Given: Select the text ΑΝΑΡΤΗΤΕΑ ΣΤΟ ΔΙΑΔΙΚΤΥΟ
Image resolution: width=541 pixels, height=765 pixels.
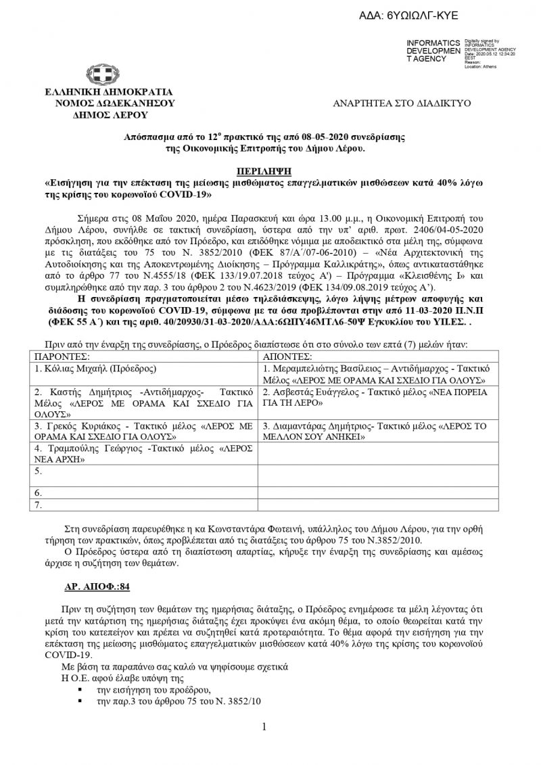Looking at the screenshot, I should tap(402, 103).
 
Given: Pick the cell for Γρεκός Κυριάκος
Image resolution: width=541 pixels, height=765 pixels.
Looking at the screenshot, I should tap(142, 432).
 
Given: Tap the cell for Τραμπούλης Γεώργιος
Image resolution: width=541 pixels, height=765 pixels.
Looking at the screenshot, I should tap(142, 453).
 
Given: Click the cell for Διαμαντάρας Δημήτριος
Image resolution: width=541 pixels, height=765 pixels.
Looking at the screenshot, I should tap(375, 432).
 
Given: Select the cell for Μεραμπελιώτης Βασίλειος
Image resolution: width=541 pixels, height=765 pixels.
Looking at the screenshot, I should tap(375, 373).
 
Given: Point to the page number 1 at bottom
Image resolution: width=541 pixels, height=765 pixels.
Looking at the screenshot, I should tap(264, 726).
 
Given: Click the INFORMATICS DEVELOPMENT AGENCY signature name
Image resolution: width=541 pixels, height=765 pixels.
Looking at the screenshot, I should tap(433, 51).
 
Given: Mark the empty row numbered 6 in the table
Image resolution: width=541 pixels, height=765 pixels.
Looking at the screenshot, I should tap(142, 492).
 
